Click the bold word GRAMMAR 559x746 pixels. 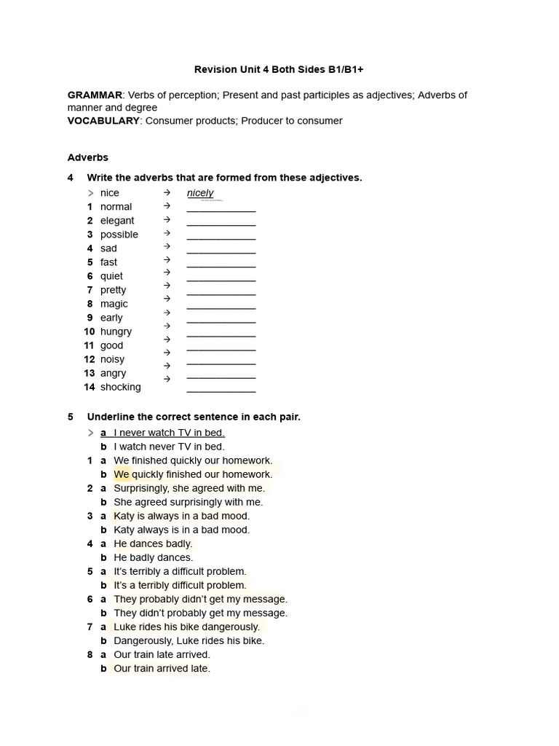[x=95, y=95]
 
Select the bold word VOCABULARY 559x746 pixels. [x=103, y=121]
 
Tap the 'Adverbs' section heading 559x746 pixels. [x=88, y=157]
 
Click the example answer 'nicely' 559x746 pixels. [x=200, y=193]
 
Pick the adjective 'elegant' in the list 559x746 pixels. [x=117, y=221]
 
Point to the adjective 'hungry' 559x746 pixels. [x=116, y=331]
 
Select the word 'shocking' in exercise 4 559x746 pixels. [x=121, y=387]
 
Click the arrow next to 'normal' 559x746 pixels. [x=167, y=206]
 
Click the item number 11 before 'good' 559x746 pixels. [x=89, y=345]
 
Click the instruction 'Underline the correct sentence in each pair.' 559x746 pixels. [x=194, y=417]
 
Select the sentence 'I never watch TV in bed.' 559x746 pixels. [x=169, y=433]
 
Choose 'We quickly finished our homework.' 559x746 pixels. [x=193, y=474]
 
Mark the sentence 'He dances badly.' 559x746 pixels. [x=153, y=543]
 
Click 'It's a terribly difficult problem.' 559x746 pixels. [x=180, y=585]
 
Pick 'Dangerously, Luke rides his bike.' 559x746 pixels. [x=189, y=640]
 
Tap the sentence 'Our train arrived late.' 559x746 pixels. [x=162, y=668]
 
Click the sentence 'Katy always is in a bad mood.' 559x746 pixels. [x=181, y=530]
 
